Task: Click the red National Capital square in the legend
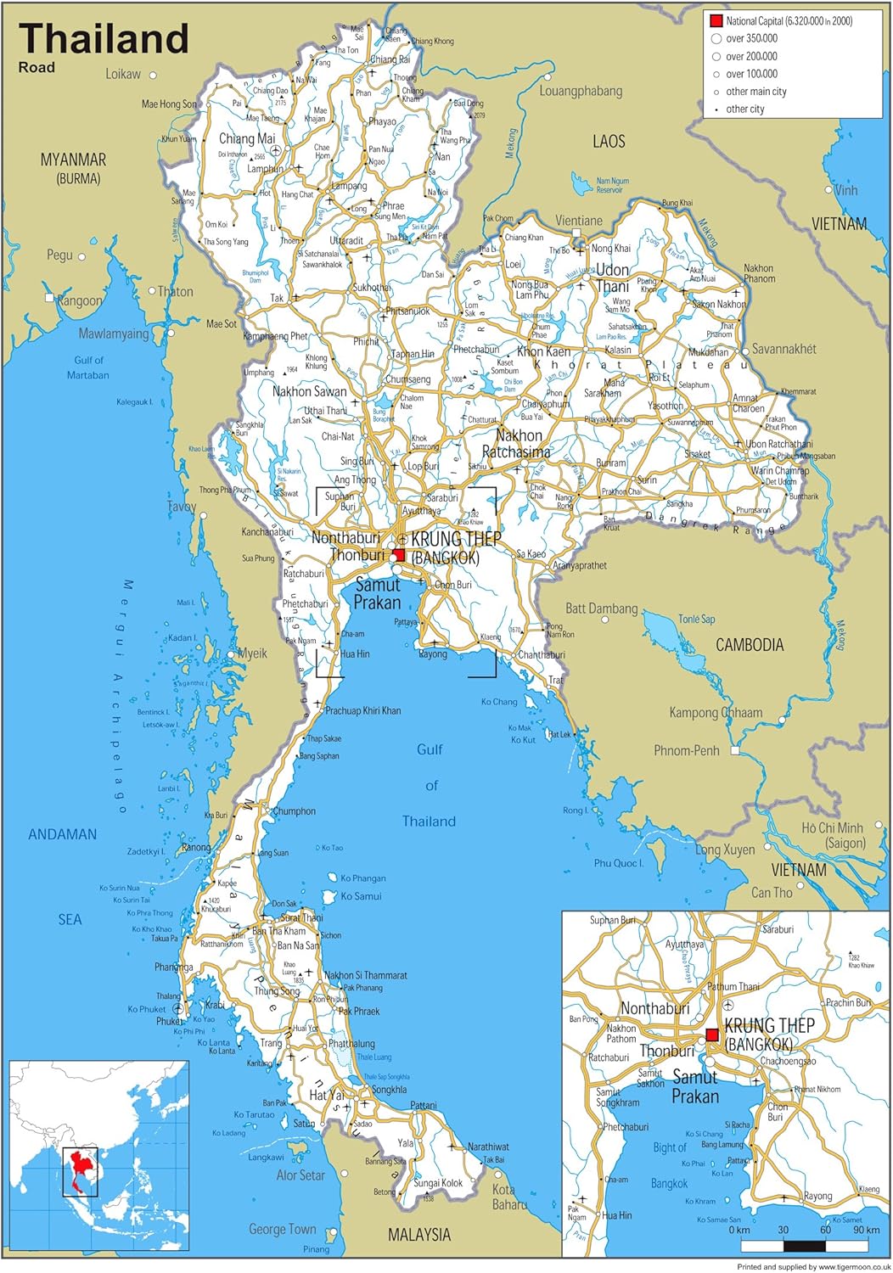(716, 20)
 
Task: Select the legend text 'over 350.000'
(751, 38)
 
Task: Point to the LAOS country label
(609, 142)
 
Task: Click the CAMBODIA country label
(750, 645)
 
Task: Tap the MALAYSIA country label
(419, 1235)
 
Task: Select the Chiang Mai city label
(247, 138)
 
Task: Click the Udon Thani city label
(612, 278)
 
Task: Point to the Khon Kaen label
(543, 351)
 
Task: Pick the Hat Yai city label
(327, 1096)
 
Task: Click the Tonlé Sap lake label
(696, 620)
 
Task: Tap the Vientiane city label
(579, 221)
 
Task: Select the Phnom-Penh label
(686, 750)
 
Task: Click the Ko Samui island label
(361, 896)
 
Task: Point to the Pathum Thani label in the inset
(733, 987)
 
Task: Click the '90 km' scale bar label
(866, 1230)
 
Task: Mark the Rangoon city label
(79, 300)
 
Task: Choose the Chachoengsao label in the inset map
(788, 1061)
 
